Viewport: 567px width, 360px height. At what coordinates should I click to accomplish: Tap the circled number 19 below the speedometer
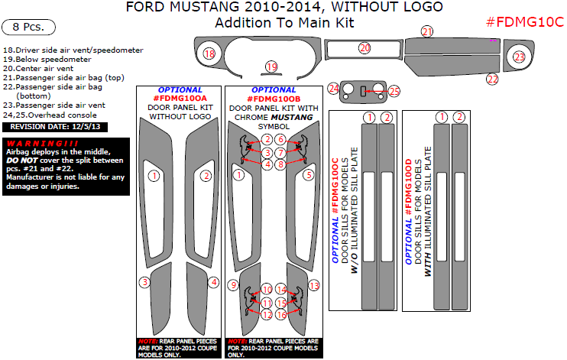[271, 67]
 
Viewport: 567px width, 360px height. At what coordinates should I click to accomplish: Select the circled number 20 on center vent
[364, 48]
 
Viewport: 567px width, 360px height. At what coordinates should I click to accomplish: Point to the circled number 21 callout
[427, 31]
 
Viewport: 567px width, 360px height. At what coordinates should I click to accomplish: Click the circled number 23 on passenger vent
[520, 57]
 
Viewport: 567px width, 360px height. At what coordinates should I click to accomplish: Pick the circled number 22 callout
[493, 79]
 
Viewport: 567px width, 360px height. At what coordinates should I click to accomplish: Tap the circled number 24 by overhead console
[333, 89]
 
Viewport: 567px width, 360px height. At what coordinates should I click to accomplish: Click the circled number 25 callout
[394, 91]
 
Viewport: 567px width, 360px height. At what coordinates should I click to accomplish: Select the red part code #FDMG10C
[525, 21]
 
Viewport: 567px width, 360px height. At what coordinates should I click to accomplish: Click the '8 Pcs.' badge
[34, 27]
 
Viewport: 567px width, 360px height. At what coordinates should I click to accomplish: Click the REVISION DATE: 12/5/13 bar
[50, 126]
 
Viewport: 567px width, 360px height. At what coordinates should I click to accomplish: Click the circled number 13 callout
[314, 284]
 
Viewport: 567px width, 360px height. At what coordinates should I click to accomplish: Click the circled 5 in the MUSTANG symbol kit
[309, 175]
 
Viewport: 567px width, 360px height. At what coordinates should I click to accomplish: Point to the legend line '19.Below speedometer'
[47, 59]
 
